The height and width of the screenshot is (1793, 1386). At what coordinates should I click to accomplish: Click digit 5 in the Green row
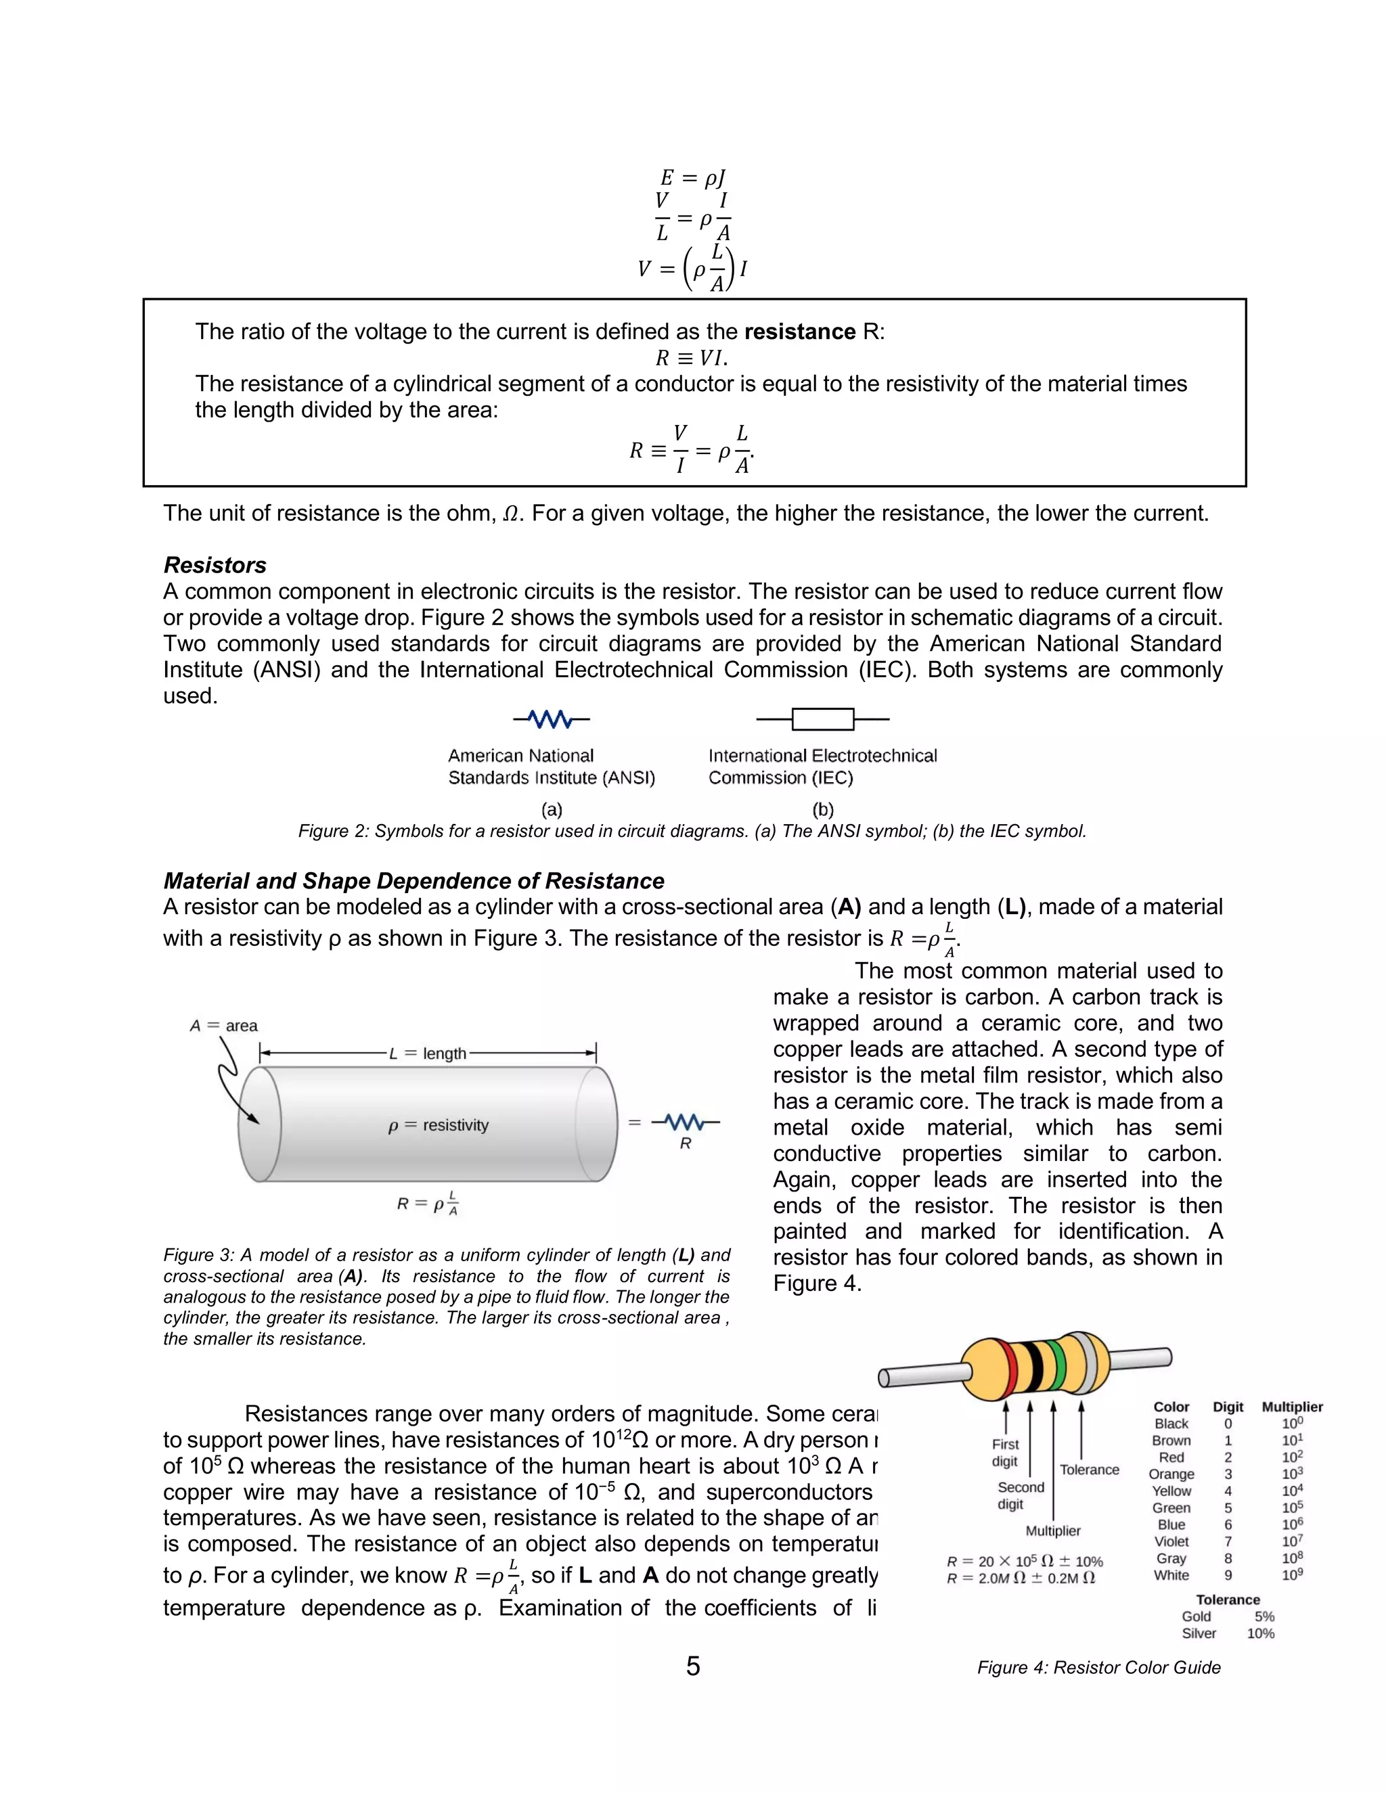(x=1228, y=1507)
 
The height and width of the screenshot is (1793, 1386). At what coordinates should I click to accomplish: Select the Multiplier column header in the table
(x=1291, y=1407)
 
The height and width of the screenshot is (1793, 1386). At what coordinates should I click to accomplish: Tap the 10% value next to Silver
(x=1260, y=1633)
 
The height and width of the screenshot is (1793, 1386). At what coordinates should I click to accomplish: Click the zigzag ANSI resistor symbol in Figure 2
(x=551, y=720)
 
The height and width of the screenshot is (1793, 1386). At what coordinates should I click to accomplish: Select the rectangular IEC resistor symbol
(x=823, y=719)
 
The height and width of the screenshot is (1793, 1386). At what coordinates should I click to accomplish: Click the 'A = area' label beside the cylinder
(x=223, y=1025)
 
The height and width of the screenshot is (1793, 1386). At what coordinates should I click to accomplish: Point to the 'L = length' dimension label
(x=428, y=1053)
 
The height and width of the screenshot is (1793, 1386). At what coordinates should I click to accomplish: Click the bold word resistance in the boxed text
(x=800, y=332)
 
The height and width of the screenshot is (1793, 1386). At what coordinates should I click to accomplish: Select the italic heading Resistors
(x=215, y=565)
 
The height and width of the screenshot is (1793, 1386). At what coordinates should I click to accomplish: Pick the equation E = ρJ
(x=693, y=177)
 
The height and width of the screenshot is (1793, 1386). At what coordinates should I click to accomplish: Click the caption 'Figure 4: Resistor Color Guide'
(x=1098, y=1667)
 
